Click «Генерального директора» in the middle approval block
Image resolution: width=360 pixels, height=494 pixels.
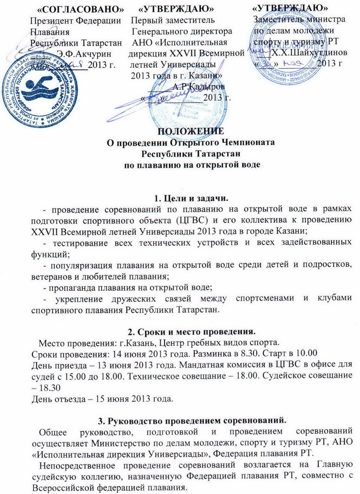(181, 31)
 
